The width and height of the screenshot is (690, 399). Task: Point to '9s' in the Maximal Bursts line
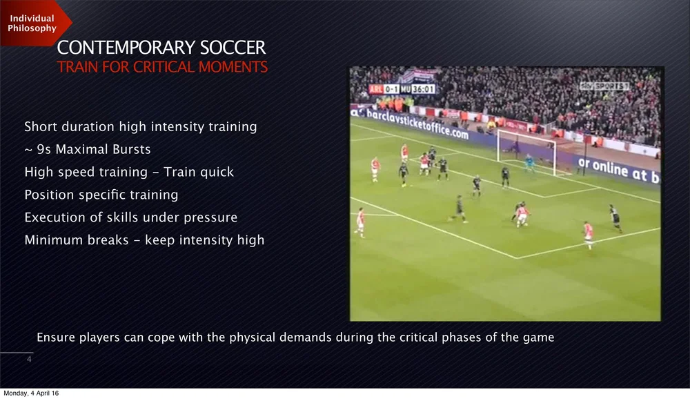pos(45,149)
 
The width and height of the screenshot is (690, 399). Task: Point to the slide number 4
pos(28,360)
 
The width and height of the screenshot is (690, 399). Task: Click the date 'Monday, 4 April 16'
pos(31,393)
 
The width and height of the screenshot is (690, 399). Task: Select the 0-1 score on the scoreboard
pos(391,89)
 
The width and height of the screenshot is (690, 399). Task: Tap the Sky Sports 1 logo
pos(604,86)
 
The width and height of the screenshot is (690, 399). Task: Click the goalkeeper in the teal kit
pos(529,163)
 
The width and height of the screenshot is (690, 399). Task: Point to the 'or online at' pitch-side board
pos(618,170)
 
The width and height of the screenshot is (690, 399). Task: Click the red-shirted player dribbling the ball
pos(522,214)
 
